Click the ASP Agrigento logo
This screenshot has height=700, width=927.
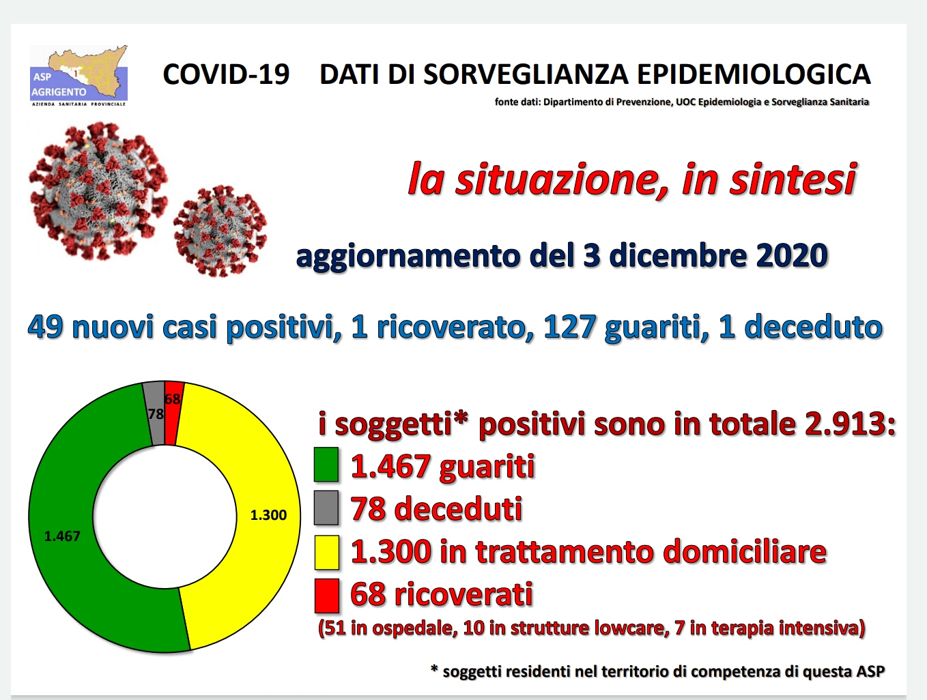(x=79, y=76)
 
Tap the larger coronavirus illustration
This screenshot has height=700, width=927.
(x=98, y=190)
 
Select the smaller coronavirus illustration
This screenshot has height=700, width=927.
(x=220, y=231)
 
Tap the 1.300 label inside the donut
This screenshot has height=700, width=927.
(x=268, y=515)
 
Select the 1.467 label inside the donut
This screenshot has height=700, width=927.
(x=62, y=536)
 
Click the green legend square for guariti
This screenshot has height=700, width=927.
(x=326, y=464)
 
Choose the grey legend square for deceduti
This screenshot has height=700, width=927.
(x=326, y=508)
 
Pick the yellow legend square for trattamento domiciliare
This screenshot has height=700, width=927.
(x=326, y=553)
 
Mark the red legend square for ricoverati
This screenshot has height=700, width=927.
(x=326, y=596)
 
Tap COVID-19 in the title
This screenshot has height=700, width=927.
(x=226, y=74)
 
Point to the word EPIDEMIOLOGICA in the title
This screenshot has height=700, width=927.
(x=754, y=74)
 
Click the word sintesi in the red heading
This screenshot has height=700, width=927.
(x=793, y=179)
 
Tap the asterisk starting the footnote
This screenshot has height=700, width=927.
(x=434, y=669)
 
